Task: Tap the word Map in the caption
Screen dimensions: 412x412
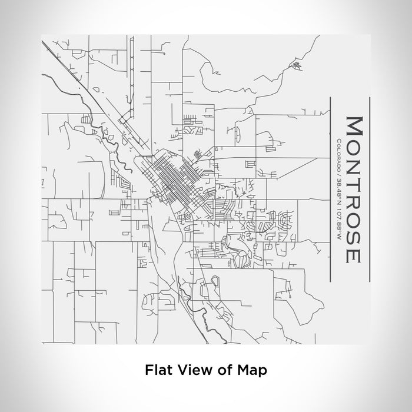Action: click(254, 370)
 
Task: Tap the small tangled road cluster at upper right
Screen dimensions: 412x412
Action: click(296, 65)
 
